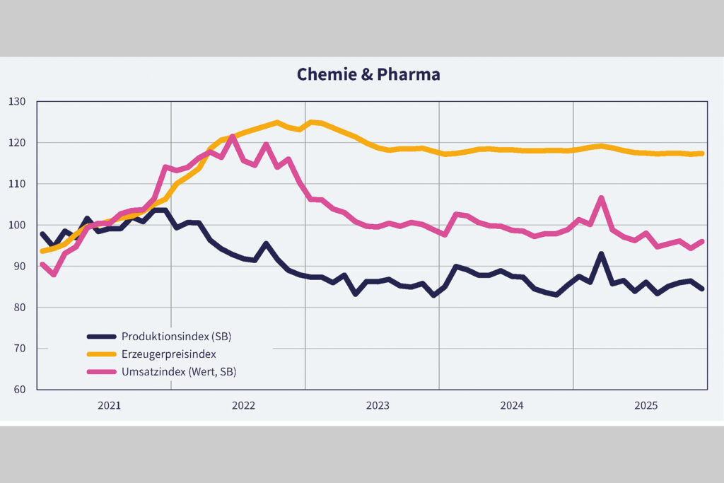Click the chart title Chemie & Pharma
pos(368,74)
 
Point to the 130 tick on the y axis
pos(17,102)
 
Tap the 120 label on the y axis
pos(17,143)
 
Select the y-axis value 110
pos(17,184)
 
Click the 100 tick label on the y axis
pos(17,225)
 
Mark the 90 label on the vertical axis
pos(19,267)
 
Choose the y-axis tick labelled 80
pos(19,308)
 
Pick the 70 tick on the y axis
pos(19,349)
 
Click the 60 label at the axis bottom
pos(19,390)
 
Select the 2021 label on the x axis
pos(109,406)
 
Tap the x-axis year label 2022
pos(243,406)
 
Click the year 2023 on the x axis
pos(377,406)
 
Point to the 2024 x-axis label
pos(511,406)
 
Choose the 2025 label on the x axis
pos(646,406)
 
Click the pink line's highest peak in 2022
pos(233,136)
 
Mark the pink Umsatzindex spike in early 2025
pos(601,198)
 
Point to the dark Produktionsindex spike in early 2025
pos(601,254)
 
